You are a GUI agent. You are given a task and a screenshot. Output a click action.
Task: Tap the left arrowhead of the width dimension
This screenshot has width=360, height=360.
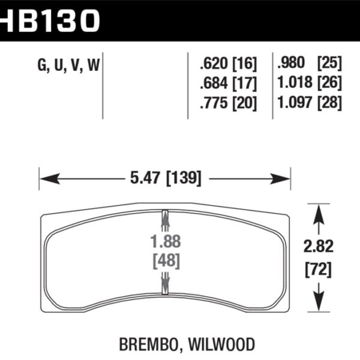point(45,178)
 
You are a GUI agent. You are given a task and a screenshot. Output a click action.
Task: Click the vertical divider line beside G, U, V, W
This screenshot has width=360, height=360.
point(104,84)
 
